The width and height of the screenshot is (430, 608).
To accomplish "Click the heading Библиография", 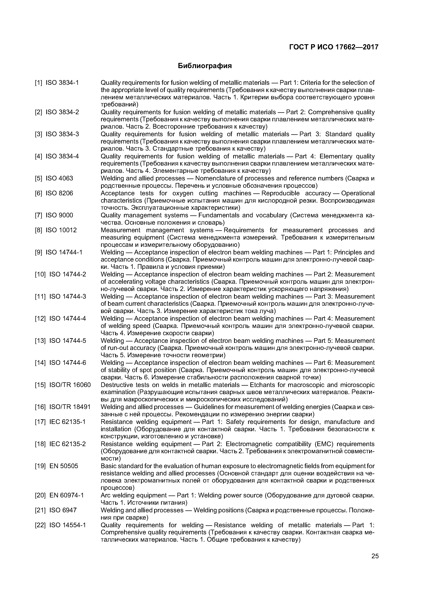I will click(205, 66).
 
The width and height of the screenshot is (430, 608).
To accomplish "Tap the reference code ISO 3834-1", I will click(62, 83).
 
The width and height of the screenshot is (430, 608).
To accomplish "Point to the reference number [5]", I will click(38, 178).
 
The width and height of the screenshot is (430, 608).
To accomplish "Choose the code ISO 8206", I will click(59, 193).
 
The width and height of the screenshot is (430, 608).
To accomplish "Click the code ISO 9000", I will click(59, 215).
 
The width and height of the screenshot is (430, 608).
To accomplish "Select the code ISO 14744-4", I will click(68, 318).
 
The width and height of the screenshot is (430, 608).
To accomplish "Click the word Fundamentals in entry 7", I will click(219, 215).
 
